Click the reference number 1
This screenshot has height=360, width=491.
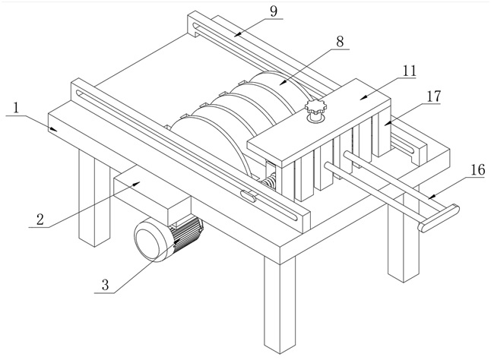(16, 109)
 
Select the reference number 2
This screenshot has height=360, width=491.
(40, 219)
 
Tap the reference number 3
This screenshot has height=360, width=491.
(105, 286)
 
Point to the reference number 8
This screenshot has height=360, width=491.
(340, 41)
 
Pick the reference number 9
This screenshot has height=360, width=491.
(274, 11)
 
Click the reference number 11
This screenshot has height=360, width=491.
(409, 71)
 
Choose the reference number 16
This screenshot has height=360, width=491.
(478, 170)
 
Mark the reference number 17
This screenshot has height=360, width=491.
(434, 96)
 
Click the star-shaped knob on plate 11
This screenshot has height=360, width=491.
(315, 106)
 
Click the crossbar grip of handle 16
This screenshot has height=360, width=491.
(439, 218)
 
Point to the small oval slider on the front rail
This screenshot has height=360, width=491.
(249, 195)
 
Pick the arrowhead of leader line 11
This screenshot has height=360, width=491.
(363, 97)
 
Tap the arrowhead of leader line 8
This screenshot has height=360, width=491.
(283, 82)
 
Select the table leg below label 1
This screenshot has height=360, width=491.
(94, 197)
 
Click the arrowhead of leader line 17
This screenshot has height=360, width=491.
(388, 123)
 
